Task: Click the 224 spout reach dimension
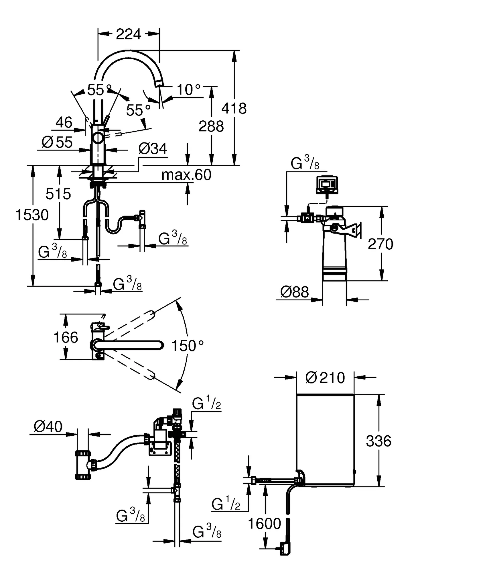click(x=129, y=34)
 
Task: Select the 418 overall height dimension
click(x=234, y=109)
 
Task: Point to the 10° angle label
click(x=189, y=90)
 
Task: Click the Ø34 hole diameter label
click(x=153, y=149)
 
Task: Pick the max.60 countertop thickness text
click(x=186, y=175)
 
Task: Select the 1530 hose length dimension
click(x=32, y=215)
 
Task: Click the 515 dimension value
click(x=58, y=194)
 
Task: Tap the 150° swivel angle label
click(x=188, y=346)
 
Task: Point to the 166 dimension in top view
click(x=66, y=337)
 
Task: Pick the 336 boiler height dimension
click(x=378, y=441)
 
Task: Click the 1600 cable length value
click(x=264, y=524)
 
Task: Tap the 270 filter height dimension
click(x=380, y=244)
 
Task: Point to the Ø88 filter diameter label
click(x=295, y=292)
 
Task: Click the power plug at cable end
click(x=285, y=548)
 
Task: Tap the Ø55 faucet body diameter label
click(x=57, y=142)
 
